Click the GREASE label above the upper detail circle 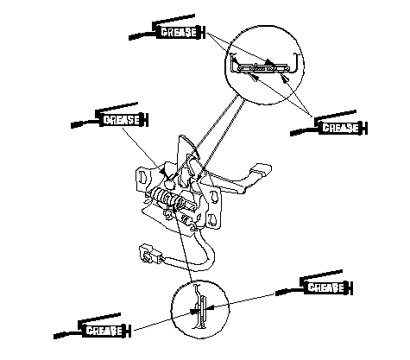179,32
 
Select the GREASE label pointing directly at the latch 122,120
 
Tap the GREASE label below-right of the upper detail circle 341,128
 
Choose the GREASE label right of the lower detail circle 325,287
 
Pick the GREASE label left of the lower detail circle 104,331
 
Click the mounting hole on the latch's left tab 142,176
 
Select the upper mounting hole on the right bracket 214,196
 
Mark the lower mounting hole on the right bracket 212,218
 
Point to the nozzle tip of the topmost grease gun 130,38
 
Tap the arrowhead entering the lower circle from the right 209,307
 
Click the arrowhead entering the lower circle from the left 193,311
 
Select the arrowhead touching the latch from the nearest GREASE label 163,172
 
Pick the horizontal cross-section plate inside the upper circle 262,68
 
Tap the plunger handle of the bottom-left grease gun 129,331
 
